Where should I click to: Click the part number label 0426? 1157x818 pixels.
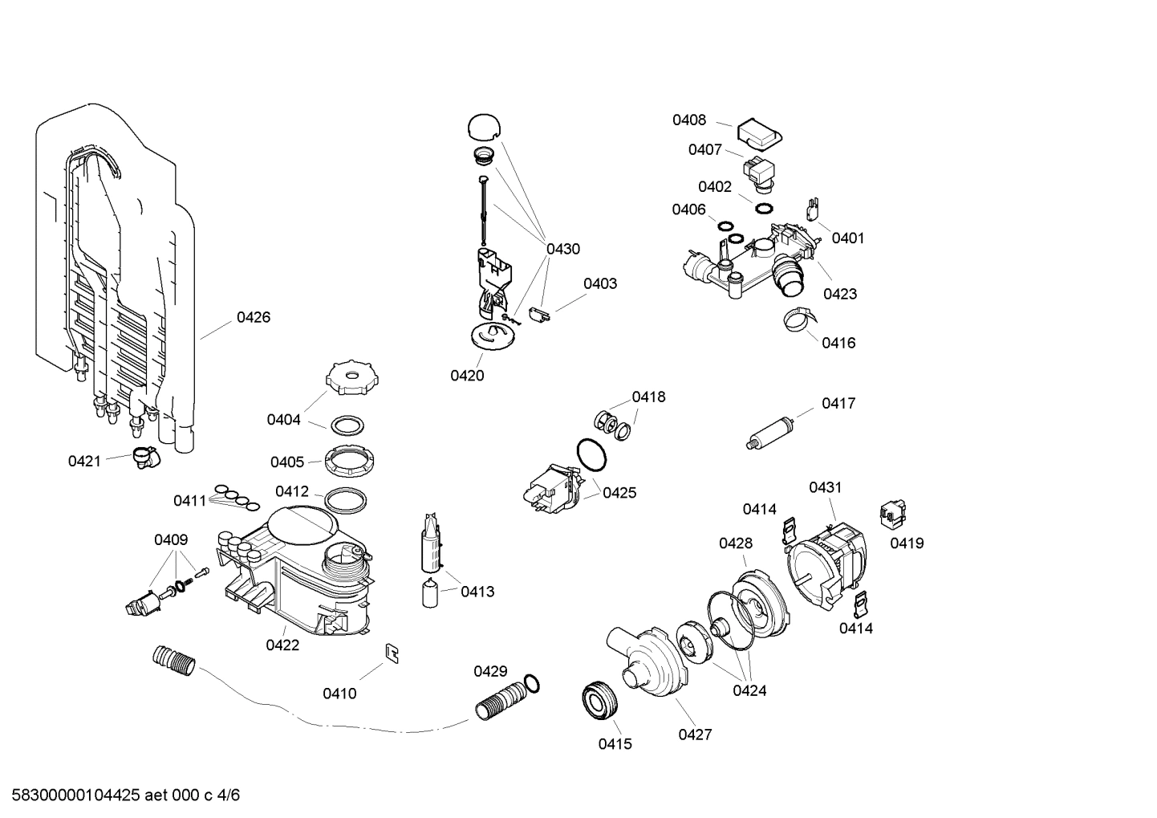[x=253, y=318]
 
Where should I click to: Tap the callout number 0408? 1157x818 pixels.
[x=689, y=120]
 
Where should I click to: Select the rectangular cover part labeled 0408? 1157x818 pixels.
[x=759, y=133]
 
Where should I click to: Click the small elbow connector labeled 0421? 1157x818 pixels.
[x=145, y=458]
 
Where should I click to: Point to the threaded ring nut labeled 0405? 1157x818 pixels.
[x=350, y=460]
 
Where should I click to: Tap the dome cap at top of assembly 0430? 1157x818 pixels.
[x=484, y=127]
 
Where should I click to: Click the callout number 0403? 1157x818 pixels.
[x=599, y=284]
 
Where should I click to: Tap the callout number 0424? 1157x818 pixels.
[x=749, y=690]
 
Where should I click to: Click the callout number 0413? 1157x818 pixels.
[x=477, y=592]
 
